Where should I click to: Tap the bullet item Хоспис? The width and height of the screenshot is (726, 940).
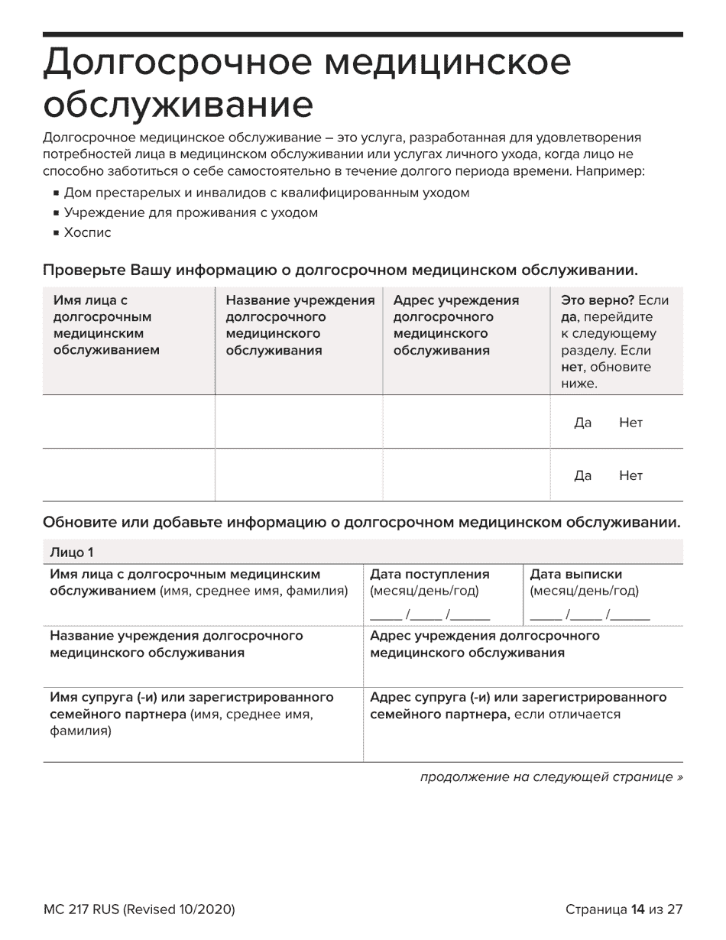87,232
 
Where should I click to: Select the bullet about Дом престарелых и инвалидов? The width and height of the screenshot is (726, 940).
266,193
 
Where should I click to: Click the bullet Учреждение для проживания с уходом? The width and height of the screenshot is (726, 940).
190,212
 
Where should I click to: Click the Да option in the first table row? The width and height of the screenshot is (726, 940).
582,423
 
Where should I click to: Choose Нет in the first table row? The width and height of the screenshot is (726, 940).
630,423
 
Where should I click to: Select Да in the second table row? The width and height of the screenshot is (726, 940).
582,475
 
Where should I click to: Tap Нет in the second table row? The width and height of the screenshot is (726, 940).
630,475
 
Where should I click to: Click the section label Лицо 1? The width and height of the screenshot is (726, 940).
72,552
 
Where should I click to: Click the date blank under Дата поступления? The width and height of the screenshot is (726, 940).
429,614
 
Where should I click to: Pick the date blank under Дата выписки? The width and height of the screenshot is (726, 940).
589,614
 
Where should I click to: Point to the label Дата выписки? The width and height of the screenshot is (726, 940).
575,575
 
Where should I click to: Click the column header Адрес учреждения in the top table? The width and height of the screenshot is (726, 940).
455,300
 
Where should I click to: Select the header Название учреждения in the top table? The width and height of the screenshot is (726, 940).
300,300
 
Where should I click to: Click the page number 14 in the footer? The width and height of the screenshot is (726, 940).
638,909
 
